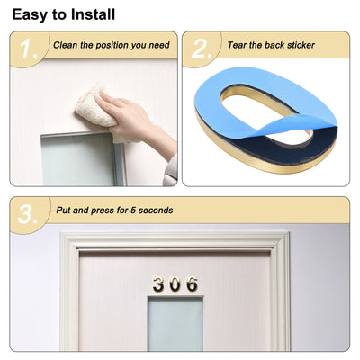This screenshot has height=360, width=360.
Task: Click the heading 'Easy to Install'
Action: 63,14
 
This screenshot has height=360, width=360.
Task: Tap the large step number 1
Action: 30,50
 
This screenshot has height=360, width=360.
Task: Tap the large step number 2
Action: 202,50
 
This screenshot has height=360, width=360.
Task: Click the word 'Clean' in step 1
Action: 66,44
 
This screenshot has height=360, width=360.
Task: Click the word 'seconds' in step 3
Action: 151,211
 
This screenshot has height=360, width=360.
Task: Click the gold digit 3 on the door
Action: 158,285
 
